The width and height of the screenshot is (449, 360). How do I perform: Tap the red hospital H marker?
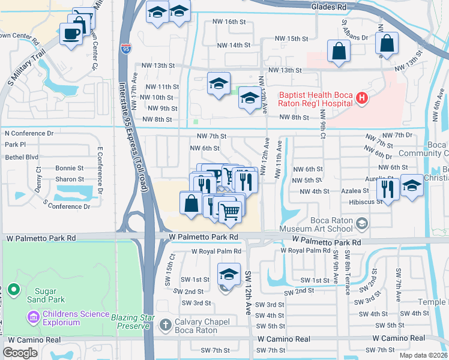pos(361,98)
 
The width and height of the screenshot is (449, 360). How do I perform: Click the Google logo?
pos(20,353)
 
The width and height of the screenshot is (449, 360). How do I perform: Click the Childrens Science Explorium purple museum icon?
pos(33,316)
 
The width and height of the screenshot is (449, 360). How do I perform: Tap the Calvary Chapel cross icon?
pos(166,326)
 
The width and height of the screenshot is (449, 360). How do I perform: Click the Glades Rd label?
pos(329,7)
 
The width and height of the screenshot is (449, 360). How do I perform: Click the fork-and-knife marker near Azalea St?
pos(388,189)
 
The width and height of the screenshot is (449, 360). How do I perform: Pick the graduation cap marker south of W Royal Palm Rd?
pos(225,274)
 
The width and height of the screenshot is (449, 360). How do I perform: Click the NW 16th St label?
pos(229,22)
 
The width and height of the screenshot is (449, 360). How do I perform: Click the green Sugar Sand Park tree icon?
pos(15,293)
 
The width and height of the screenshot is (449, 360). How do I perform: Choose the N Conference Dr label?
pos(29,133)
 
